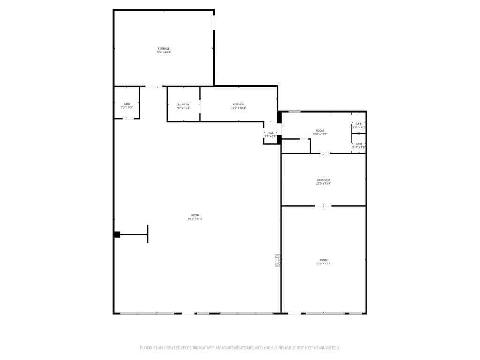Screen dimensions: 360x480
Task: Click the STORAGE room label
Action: (x=164, y=49)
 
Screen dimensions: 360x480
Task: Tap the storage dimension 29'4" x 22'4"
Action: (x=164, y=52)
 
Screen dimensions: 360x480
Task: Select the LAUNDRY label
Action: (x=184, y=105)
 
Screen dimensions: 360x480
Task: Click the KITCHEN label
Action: (x=239, y=105)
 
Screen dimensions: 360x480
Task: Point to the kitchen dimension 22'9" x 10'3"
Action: (x=239, y=108)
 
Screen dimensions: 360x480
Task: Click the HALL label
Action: (x=270, y=133)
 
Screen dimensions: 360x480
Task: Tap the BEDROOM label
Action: (x=323, y=180)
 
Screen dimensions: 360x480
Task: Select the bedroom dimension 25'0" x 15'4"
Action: (x=323, y=184)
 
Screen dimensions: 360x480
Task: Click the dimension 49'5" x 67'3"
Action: (x=195, y=218)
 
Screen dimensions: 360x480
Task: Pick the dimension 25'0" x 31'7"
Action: (x=323, y=263)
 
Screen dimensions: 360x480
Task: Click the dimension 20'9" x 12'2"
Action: (x=320, y=134)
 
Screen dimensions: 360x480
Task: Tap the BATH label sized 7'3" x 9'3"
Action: (x=127, y=104)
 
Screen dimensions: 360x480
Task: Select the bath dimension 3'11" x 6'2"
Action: (x=359, y=127)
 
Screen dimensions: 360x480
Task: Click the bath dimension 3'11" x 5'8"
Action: (x=359, y=147)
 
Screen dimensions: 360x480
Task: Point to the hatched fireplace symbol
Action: (x=278, y=260)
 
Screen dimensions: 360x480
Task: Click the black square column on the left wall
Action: (x=117, y=234)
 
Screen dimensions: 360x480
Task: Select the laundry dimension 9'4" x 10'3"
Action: (x=184, y=108)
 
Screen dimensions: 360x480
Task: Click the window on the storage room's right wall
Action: (x=214, y=22)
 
